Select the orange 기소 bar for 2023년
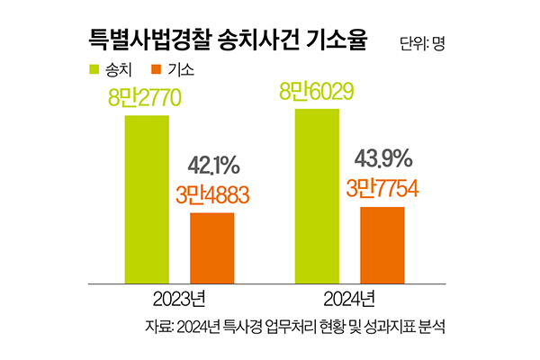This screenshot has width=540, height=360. click(x=211, y=247)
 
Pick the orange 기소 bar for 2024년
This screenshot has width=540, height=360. click(x=382, y=244)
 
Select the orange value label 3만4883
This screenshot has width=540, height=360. click(x=211, y=194)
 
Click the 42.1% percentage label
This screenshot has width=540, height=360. click(x=213, y=166)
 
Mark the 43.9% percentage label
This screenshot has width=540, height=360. click(x=383, y=160)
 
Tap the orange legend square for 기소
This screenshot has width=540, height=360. click(x=157, y=68)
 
